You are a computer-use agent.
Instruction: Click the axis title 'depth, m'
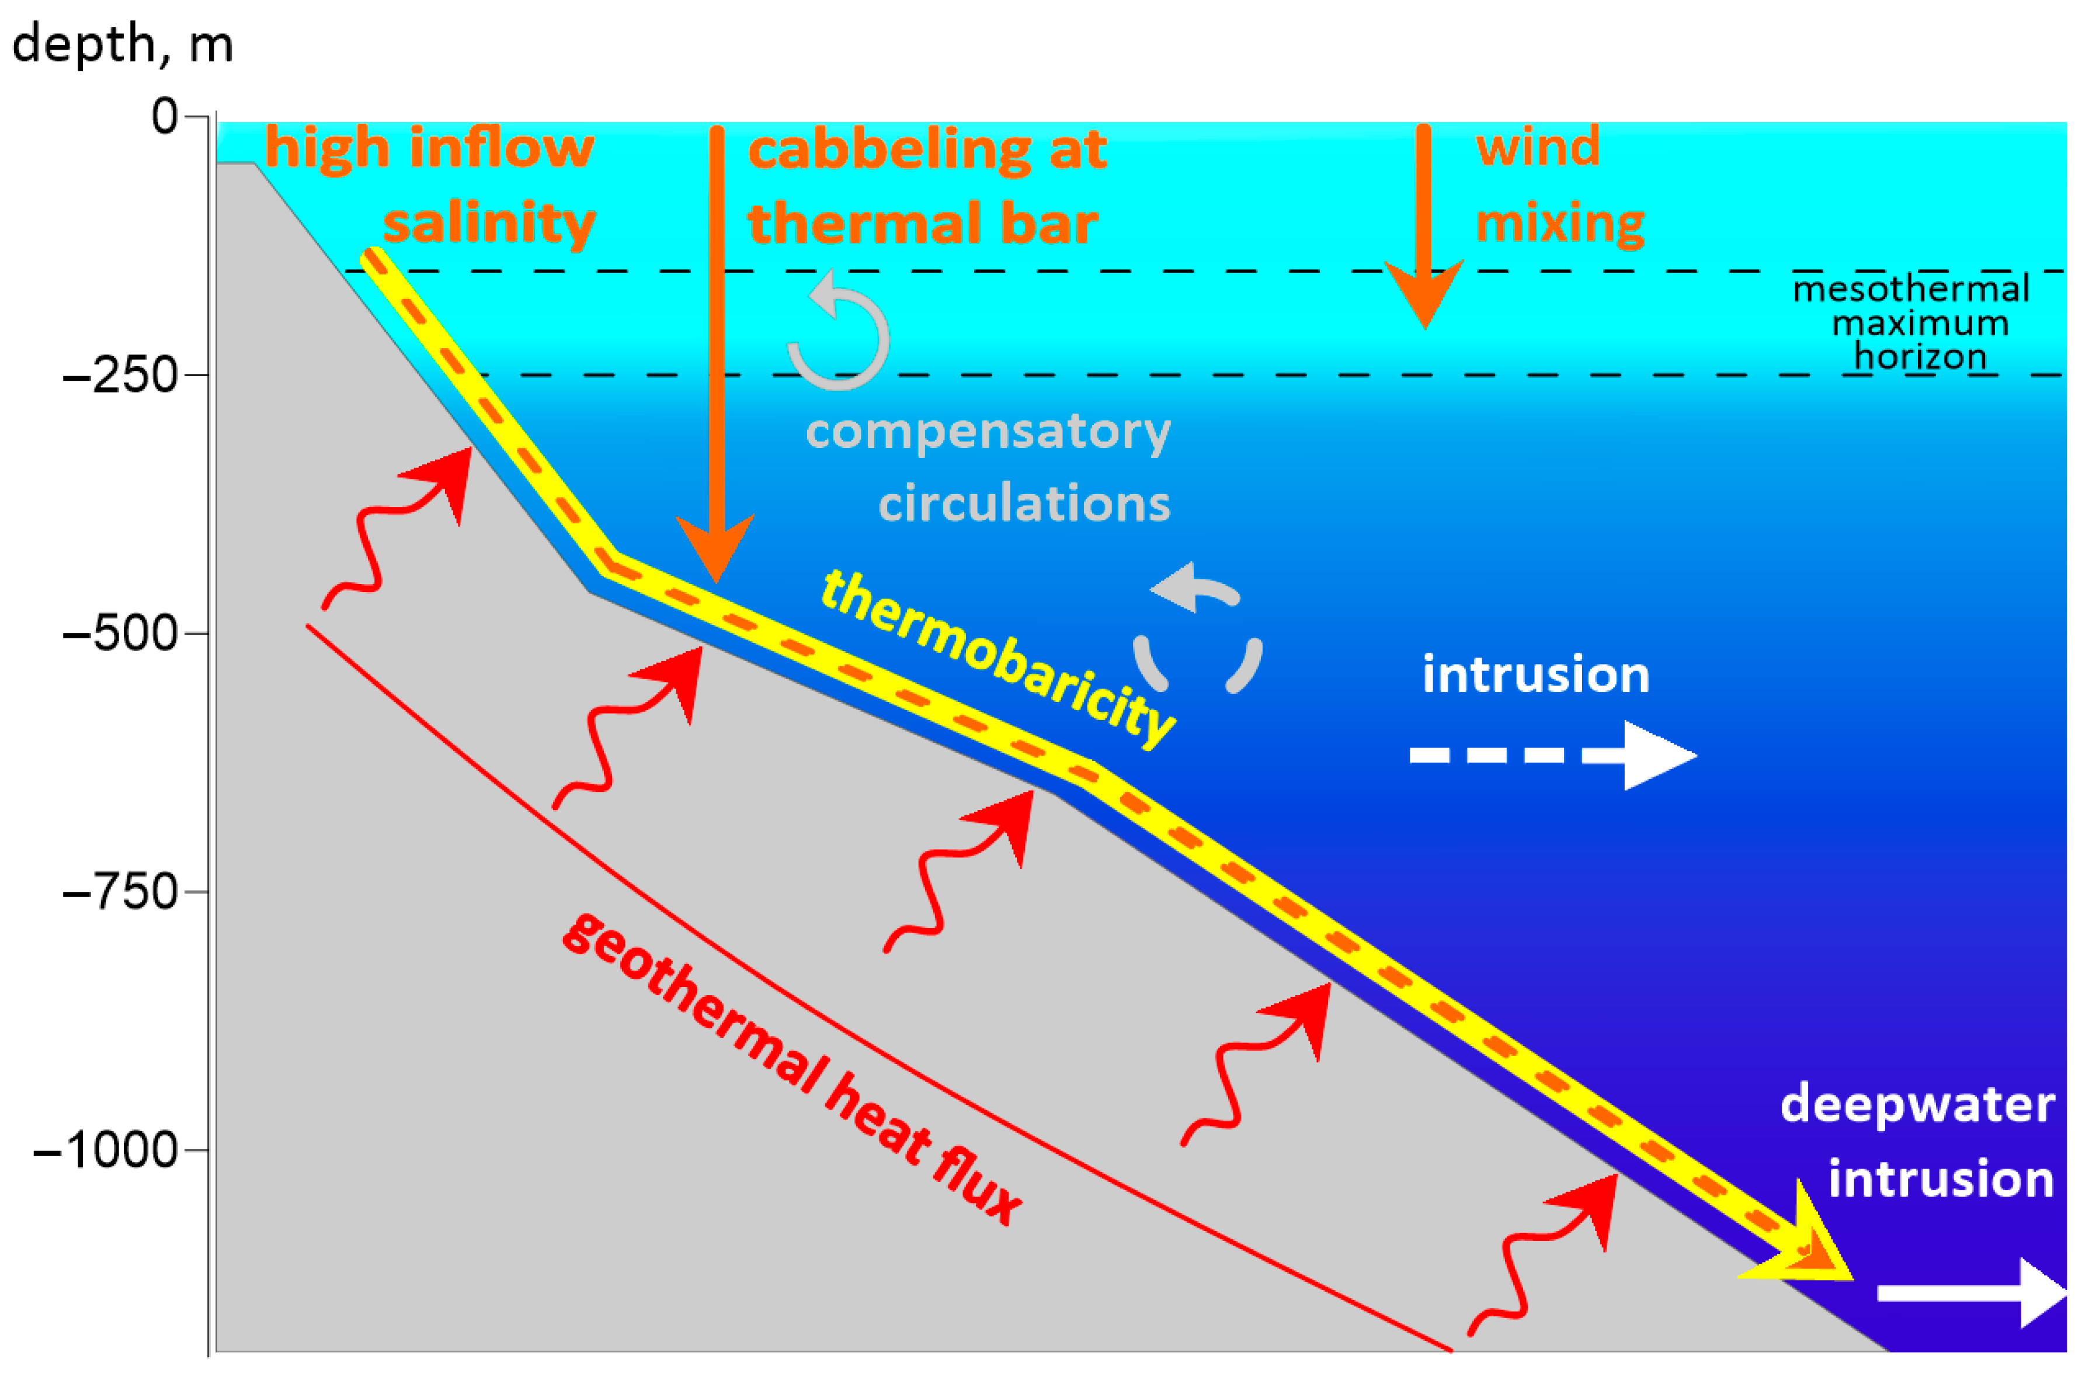(x=123, y=44)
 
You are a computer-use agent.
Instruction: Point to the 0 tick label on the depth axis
(x=165, y=116)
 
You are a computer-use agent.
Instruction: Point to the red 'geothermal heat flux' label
(x=793, y=1068)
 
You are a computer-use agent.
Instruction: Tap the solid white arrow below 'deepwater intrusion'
(x=1970, y=1292)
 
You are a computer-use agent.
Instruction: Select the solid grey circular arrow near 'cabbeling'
(x=839, y=333)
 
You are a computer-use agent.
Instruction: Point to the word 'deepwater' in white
(x=1917, y=1105)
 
